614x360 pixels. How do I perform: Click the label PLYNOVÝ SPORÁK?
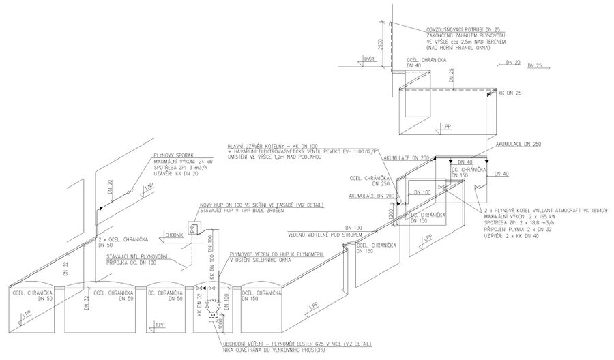(171, 155)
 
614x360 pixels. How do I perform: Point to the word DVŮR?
(369, 59)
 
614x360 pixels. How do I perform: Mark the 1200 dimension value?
(391, 216)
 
